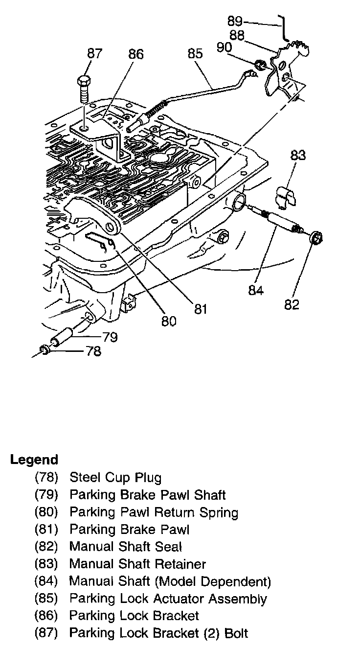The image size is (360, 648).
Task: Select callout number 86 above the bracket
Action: pos(135,54)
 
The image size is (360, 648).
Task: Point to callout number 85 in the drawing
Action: pos(195,53)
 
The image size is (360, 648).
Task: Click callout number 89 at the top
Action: pos(235,21)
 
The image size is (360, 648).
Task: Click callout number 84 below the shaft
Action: pos(256,290)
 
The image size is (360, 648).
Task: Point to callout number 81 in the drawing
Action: pos(201,309)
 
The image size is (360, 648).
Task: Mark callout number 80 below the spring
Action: pos(169,321)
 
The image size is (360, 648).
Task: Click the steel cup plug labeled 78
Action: pos(44,350)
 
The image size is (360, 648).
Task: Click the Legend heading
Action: pos(34,460)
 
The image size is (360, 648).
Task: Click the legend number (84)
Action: pos(46,581)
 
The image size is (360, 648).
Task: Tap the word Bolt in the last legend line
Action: pos(236,633)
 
